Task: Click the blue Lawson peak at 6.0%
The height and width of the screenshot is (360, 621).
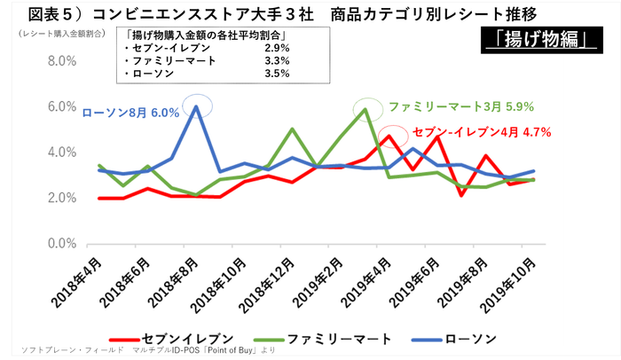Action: (196, 106)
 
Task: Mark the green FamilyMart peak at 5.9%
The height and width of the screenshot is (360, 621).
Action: (366, 110)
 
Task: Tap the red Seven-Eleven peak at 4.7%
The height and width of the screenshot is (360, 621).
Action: (389, 137)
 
